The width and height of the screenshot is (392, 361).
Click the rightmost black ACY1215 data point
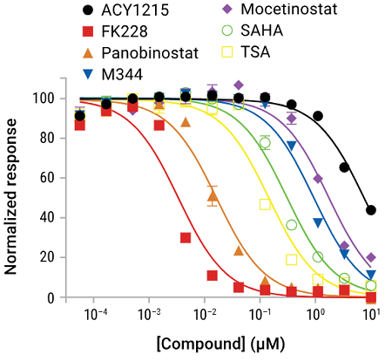tap(372, 210)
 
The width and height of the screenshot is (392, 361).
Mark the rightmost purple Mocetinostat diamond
tap(372, 257)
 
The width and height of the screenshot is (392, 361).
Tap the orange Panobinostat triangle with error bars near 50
tap(213, 197)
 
